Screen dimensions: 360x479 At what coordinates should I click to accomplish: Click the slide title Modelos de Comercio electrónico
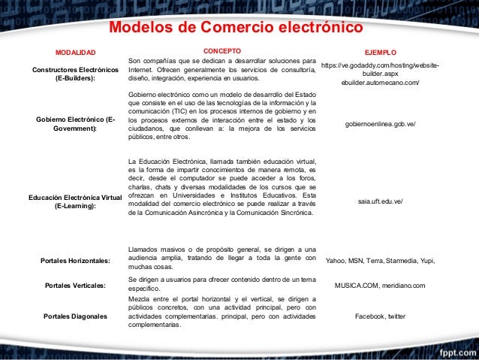(236, 29)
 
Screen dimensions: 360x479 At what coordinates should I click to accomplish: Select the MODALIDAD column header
(75, 53)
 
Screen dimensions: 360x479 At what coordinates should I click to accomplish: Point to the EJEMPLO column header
(380, 53)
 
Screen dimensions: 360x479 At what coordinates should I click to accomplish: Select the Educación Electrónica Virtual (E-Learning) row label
(75, 201)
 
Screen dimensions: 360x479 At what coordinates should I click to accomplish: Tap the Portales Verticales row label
(75, 286)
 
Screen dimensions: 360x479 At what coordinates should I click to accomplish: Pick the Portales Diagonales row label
(75, 316)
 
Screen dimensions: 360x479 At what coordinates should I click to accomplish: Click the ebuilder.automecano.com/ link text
(380, 83)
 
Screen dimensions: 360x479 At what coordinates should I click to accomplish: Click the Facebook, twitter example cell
(380, 316)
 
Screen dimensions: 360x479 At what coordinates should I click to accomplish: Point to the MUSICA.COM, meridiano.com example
(380, 286)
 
